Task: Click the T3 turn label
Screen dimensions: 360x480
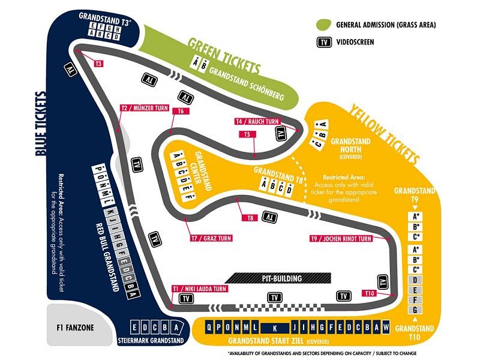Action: pyautogui.click(x=99, y=63)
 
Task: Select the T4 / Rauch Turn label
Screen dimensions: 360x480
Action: pyautogui.click(x=257, y=121)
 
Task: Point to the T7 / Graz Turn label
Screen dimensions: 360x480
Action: pyautogui.click(x=211, y=238)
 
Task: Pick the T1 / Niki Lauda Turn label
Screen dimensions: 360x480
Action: pyautogui.click(x=199, y=289)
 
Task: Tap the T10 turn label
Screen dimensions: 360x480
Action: pyautogui.click(x=370, y=293)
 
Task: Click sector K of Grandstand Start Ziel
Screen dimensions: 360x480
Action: pyautogui.click(x=274, y=328)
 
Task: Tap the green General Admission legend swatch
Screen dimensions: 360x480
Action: pyautogui.click(x=325, y=25)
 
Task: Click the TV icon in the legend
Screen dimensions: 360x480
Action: pyautogui.click(x=325, y=42)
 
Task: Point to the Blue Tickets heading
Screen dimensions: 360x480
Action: pyautogui.click(x=40, y=123)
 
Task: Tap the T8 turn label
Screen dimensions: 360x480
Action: pyautogui.click(x=250, y=218)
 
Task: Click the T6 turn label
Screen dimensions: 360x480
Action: pyautogui.click(x=179, y=111)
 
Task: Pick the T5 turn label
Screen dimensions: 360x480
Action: pyautogui.click(x=247, y=134)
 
